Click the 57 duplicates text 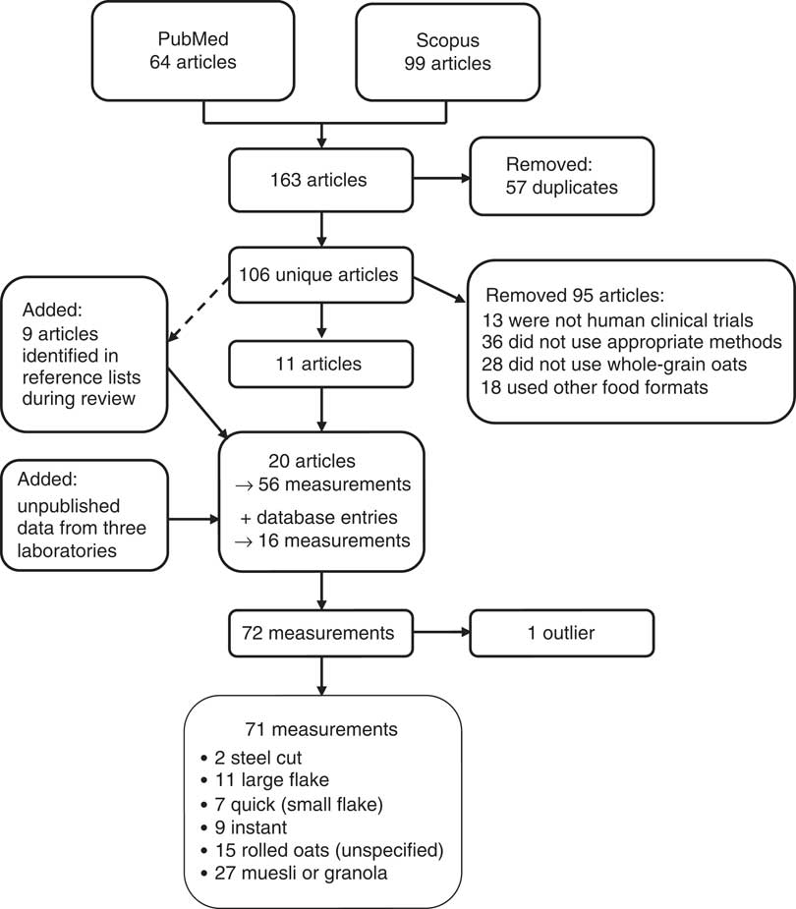(x=562, y=187)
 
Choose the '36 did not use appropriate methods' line (x=632, y=343)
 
